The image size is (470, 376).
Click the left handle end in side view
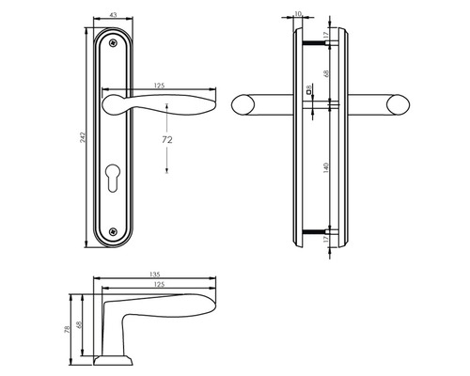[242, 105]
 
